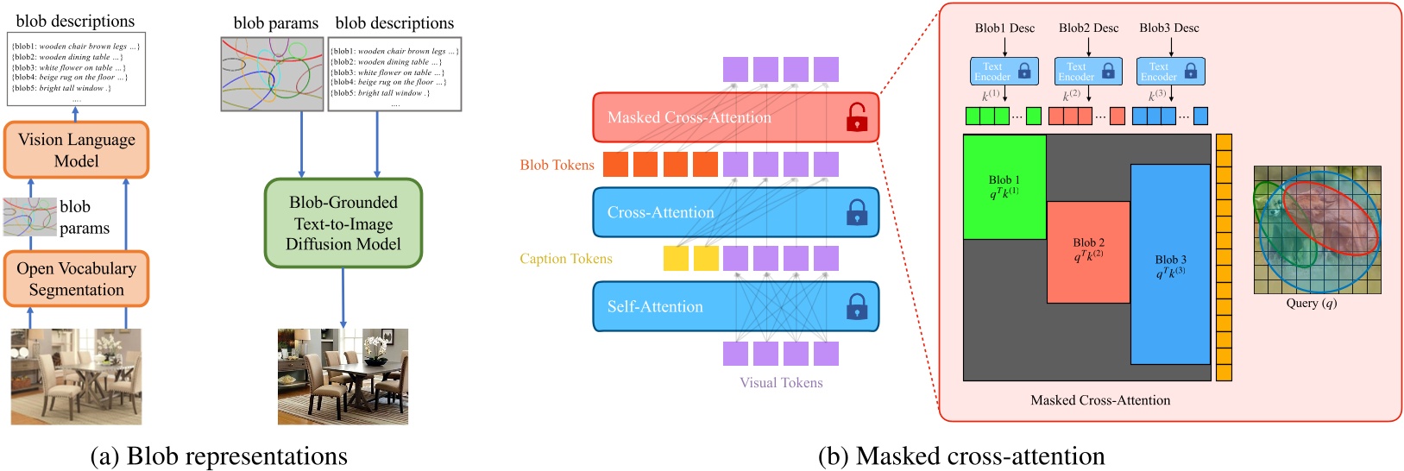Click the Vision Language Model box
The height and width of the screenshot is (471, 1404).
[x=76, y=149]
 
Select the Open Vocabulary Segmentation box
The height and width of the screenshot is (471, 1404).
[x=76, y=279]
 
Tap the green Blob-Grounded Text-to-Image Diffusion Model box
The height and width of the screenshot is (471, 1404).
[x=343, y=223]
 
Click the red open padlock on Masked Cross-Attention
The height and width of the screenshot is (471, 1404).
[x=856, y=117]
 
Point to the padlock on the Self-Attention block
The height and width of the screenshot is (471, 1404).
[x=856, y=306]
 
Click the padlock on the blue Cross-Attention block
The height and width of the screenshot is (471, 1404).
[x=856, y=212]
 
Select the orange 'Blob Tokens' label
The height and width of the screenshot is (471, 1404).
[x=557, y=165]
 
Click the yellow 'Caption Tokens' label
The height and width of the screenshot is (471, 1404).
[x=565, y=259]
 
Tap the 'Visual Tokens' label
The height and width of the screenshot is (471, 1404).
[x=781, y=383]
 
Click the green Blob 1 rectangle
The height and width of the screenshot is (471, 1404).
[x=1004, y=187]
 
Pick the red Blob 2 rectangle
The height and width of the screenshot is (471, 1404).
[x=1088, y=251]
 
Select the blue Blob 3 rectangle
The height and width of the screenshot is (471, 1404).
[x=1170, y=265]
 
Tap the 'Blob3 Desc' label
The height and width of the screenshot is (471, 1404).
[x=1168, y=28]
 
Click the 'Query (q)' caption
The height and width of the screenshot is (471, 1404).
[x=1311, y=304]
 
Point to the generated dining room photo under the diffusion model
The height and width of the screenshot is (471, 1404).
[x=343, y=376]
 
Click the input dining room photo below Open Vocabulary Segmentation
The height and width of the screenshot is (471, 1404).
[x=76, y=376]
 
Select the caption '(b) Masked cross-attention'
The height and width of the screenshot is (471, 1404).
[x=960, y=455]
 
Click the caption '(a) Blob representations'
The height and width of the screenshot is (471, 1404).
[x=218, y=455]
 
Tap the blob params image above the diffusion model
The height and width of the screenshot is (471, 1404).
[x=272, y=73]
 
